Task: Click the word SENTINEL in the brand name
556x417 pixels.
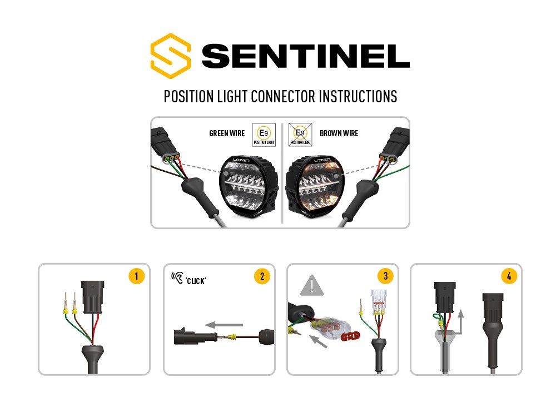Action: pos(306,56)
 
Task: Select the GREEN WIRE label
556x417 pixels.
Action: pos(227,133)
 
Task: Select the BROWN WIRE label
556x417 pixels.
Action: pos(339,133)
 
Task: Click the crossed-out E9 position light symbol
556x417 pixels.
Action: pos(300,134)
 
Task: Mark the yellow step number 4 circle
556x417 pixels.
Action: pos(508,276)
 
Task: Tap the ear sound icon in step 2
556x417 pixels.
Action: pos(178,276)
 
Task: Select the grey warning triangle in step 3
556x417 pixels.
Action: pos(312,286)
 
